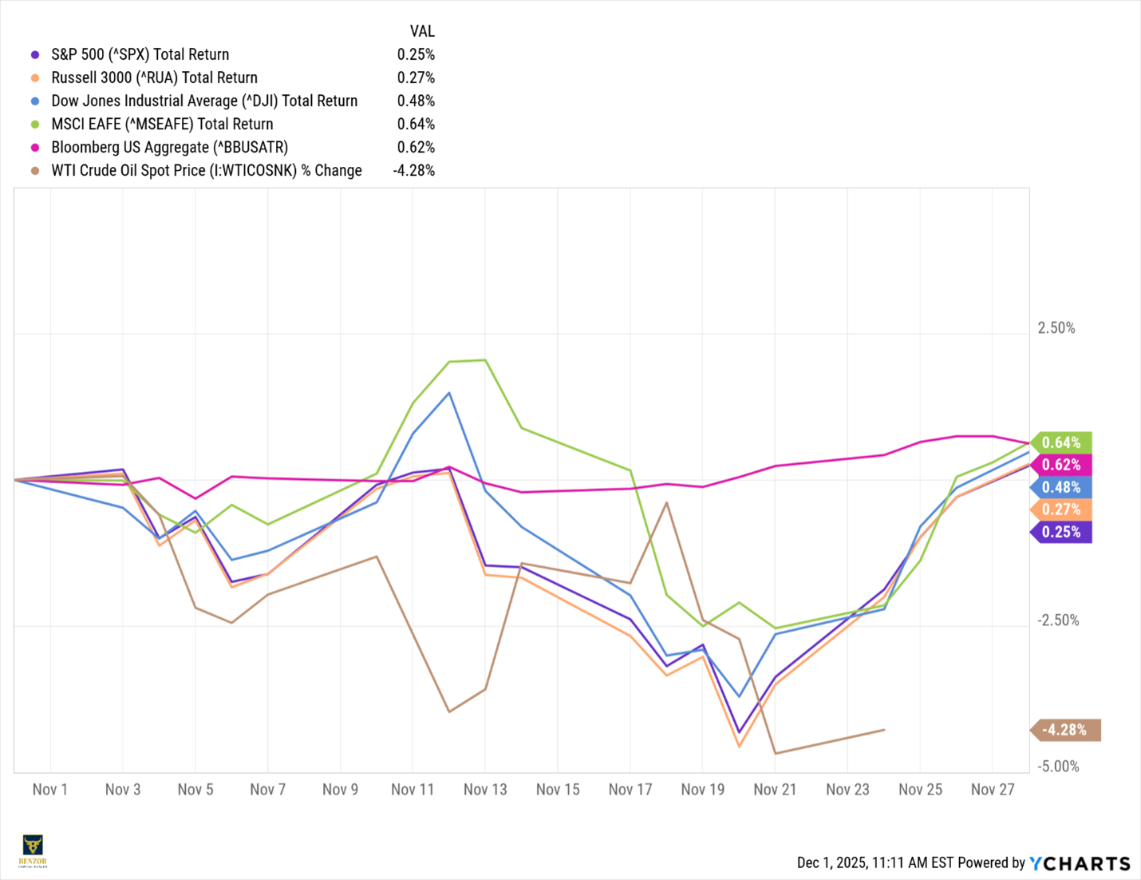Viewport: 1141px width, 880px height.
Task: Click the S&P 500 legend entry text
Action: [140, 54]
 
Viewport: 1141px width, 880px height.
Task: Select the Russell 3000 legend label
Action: [154, 77]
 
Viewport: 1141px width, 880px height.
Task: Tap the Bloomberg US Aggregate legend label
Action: [169, 147]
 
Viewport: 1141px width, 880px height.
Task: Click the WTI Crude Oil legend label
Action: [206, 170]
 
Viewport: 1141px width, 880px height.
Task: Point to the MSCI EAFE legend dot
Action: [35, 125]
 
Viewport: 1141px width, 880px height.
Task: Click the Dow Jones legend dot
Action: [35, 101]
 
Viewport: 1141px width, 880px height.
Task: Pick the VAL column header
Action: [422, 31]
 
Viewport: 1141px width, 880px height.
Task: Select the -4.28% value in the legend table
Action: [414, 170]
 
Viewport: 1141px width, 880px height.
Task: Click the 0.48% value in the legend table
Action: [416, 101]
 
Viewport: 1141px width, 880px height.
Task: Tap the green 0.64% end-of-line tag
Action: [1061, 442]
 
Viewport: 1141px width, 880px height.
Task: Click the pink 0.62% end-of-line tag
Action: [1061, 465]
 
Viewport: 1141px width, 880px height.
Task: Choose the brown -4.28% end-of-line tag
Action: [1066, 730]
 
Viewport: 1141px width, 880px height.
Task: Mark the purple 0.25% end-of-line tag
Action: [1061, 532]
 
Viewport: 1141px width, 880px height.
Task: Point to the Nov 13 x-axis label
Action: [485, 789]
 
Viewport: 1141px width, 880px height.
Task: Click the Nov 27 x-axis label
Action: [993, 789]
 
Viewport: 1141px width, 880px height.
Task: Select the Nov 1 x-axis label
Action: [50, 789]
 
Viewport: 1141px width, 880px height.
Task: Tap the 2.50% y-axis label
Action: [1056, 328]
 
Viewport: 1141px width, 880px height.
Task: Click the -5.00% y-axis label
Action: [1058, 767]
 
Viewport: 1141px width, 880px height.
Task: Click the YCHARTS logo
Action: [1080, 863]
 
